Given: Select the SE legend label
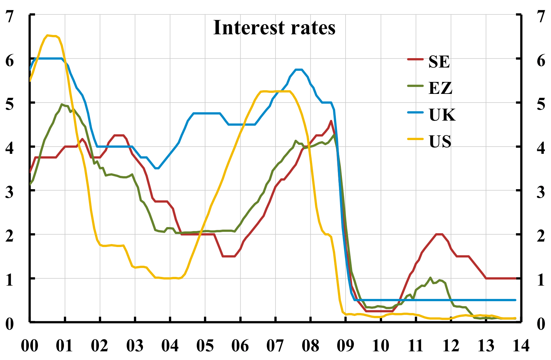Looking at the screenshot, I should coord(439,62).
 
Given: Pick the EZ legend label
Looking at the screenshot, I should coord(440,88).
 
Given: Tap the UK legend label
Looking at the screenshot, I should coord(442,115).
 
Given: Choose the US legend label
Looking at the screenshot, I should coord(440,142).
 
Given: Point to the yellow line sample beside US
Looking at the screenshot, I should coord(415,139).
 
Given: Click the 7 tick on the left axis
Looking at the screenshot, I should coord(10,16).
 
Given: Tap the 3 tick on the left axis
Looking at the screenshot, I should coord(10,191).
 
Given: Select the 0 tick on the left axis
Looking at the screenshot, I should coord(10,323).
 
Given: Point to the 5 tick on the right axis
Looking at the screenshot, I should coord(541,104).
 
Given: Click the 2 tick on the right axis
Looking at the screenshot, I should coord(541,235).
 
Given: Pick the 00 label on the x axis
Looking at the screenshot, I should coord(30,346).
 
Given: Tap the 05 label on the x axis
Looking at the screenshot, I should coord(205,346).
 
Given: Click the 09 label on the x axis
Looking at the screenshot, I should coord(345,346).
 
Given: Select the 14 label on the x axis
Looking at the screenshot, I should coord(520,346).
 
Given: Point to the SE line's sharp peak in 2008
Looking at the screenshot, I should coord(331,121).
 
